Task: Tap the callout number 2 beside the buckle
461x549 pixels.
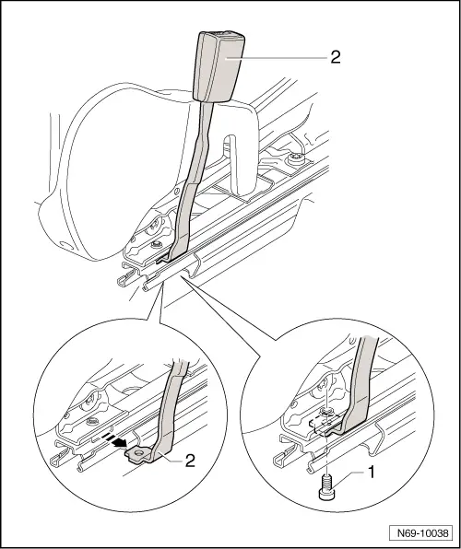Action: pos(335,57)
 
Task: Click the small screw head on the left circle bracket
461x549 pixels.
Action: pos(91,421)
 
